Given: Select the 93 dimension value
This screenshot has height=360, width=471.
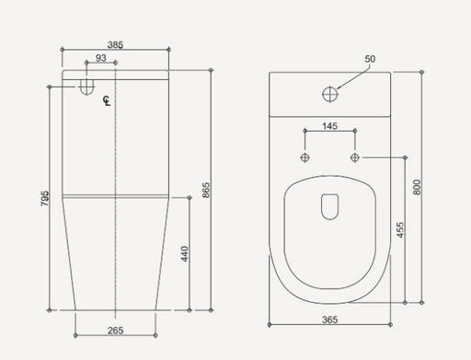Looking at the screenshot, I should pyautogui.click(x=99, y=59).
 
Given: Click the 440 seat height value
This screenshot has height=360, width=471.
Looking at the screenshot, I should pyautogui.click(x=184, y=253).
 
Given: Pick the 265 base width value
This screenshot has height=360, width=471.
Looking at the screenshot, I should pyautogui.click(x=114, y=330).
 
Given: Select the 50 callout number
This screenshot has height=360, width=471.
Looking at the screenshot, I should pyautogui.click(x=370, y=59).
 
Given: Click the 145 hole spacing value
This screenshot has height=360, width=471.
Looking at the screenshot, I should pyautogui.click(x=328, y=125).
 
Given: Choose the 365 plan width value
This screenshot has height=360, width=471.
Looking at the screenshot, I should pyautogui.click(x=328, y=319).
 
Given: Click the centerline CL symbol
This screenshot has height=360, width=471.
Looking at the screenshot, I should pyautogui.click(x=107, y=101).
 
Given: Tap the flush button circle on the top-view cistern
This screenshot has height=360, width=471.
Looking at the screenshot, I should pyautogui.click(x=328, y=93).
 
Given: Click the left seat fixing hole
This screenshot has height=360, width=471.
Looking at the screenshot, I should pyautogui.click(x=305, y=157).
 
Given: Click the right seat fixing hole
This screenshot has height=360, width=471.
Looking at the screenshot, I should pyautogui.click(x=353, y=157).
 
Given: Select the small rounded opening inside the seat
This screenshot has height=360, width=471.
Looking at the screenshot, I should pyautogui.click(x=328, y=207).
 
